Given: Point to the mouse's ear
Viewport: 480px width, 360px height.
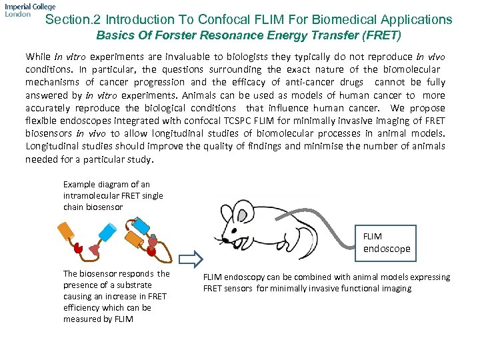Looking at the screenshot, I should click(247, 213).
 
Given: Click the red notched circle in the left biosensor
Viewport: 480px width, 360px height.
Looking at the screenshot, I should click(79, 249).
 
